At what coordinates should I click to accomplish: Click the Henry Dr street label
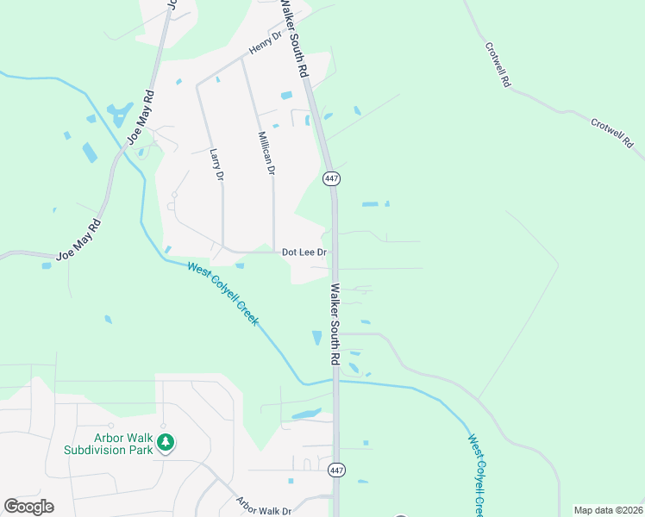pos(266,44)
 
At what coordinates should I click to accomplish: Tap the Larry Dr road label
pos(216,164)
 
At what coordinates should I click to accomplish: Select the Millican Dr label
pos(266,153)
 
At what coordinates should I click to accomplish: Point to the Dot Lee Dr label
pos(304,252)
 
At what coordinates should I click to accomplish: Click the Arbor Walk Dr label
pos(264,507)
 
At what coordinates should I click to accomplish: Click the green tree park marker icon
pos(166,444)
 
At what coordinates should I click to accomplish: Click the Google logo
pos(28,507)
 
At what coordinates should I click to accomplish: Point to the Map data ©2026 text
pos(608,510)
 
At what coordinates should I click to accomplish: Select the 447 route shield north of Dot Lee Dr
pos(332,178)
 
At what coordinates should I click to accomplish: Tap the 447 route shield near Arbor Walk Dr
pos(336,470)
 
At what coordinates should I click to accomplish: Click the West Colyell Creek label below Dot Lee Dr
pos(224,294)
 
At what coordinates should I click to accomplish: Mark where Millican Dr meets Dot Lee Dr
pos(273,252)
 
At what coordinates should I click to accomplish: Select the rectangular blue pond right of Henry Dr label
pos(286,95)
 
